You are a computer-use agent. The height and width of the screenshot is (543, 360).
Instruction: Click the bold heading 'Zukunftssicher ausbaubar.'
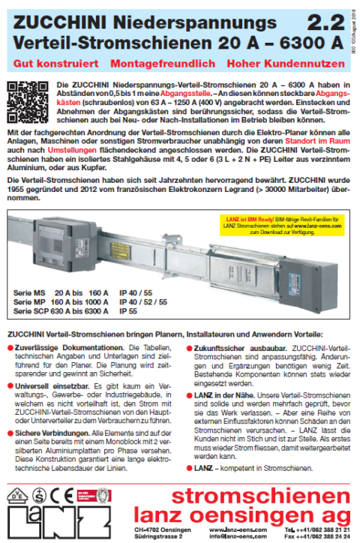pos(235,349)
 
